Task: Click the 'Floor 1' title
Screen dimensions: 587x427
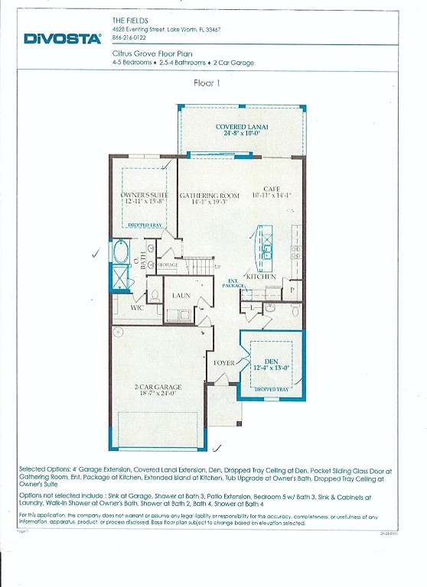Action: pos(207,83)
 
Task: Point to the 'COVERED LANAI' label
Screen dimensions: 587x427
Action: pos(242,126)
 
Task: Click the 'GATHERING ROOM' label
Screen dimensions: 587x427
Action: pos(210,196)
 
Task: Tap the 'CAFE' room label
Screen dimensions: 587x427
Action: pos(272,189)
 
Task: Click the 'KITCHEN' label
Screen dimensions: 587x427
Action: pos(260,276)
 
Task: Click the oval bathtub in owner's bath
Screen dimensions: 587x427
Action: pos(121,251)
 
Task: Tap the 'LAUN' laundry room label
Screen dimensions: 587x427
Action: pos(181,295)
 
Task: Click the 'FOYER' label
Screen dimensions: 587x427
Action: pos(223,363)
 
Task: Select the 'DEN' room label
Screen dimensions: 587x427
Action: pos(271,362)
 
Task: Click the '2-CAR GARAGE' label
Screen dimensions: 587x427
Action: pos(157,388)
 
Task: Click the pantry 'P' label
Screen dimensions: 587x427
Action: pos(291,290)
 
